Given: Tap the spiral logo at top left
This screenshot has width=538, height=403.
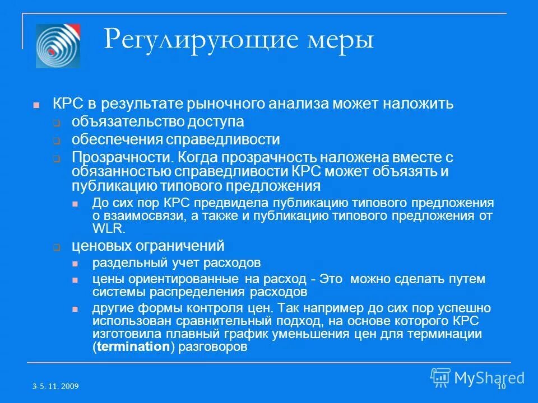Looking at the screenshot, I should click(x=58, y=46).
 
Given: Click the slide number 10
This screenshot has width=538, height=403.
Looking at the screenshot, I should click(x=501, y=387).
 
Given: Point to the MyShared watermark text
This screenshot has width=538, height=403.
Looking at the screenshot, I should click(x=489, y=377).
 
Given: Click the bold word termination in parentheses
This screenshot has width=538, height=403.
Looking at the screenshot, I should click(x=132, y=346).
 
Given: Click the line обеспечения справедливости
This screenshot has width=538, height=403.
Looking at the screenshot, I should click(x=175, y=139).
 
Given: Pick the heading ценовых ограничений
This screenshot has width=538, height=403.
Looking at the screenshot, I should click(x=148, y=245).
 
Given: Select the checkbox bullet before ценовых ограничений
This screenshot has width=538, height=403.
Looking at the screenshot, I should click(x=57, y=246).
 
